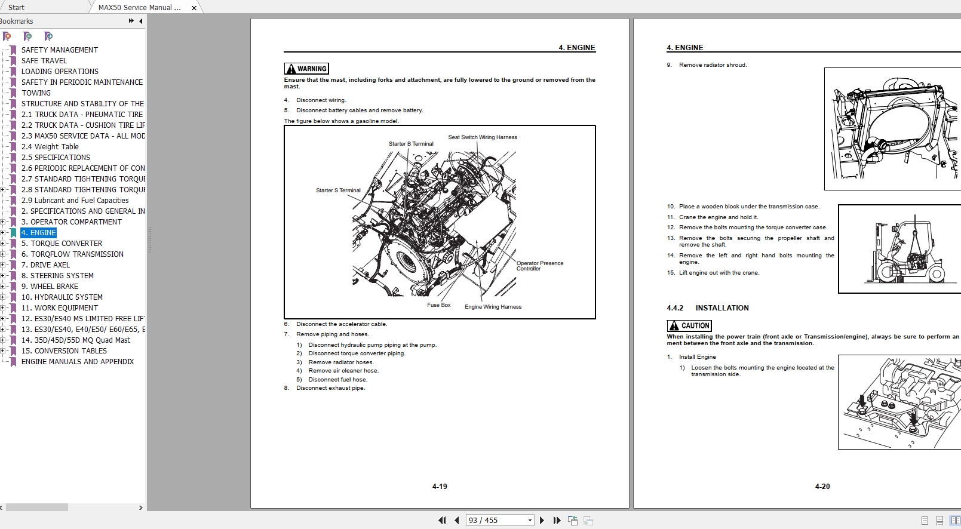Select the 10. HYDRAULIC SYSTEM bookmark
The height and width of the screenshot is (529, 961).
(62, 297)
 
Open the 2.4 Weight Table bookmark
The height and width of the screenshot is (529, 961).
(50, 147)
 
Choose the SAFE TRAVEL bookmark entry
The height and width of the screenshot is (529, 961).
(44, 61)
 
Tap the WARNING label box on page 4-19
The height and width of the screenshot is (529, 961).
(306, 69)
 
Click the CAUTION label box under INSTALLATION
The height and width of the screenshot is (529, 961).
(689, 326)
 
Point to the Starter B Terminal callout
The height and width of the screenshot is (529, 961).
(411, 144)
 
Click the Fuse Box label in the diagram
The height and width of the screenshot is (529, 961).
(438, 305)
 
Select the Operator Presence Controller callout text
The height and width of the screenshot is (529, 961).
(539, 266)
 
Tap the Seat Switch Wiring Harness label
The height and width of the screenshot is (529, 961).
(483, 137)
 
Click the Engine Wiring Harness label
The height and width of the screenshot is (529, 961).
(493, 307)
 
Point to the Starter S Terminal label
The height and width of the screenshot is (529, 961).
(338, 190)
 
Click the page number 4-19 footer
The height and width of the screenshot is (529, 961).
(440, 487)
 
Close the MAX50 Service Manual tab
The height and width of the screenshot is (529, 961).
(194, 8)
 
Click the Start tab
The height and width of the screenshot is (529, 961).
(17, 8)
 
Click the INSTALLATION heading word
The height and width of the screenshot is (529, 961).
(721, 308)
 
